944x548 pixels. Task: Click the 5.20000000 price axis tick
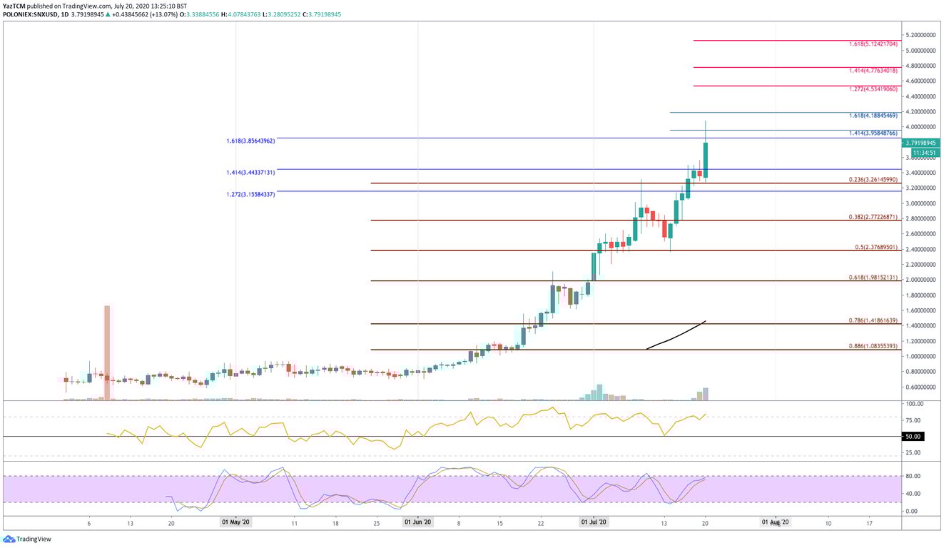pyautogui.click(x=920, y=35)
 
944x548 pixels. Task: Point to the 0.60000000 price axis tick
pyautogui.click(x=920, y=387)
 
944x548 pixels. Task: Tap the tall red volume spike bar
pyautogui.click(x=108, y=352)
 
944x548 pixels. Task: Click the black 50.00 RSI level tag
pyautogui.click(x=914, y=436)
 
